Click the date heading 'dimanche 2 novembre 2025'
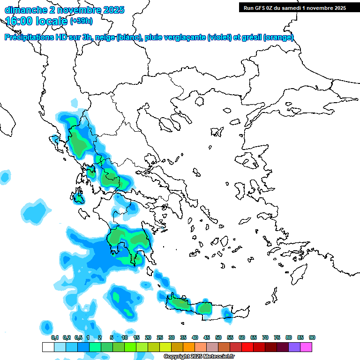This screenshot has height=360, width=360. [64, 10]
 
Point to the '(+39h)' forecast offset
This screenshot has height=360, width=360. [81, 21]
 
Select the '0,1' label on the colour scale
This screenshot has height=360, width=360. [54, 337]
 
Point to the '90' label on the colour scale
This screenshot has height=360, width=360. [312, 337]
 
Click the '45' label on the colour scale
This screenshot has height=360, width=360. [207, 337]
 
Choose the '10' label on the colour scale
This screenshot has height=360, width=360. [125, 337]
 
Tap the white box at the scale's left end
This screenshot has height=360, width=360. [48, 347]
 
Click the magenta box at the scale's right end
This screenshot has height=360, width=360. [306, 347]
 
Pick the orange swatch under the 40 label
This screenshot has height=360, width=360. [189, 347]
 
